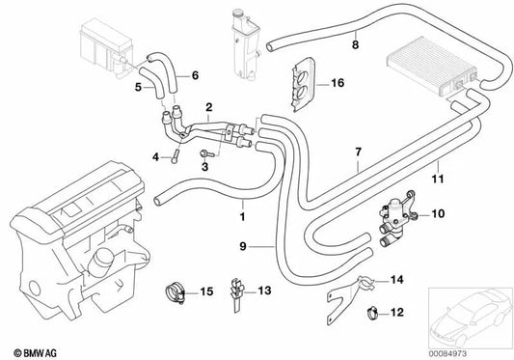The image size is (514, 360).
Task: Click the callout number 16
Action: (338, 83)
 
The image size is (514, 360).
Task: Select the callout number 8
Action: (356, 44)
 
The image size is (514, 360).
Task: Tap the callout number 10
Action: (438, 214)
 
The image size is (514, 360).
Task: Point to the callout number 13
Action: (264, 291)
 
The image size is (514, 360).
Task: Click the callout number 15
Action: (206, 291)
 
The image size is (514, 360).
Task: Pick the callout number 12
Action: (396, 312)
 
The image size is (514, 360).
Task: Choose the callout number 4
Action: (155, 157)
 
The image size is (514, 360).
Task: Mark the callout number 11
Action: (438, 179)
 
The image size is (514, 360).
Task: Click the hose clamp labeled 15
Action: (176, 291)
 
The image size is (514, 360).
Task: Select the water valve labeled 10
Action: (396, 218)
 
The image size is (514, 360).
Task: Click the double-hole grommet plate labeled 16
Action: (303, 85)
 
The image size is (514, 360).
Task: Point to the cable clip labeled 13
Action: (237, 293)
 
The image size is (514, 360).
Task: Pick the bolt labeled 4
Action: (174, 156)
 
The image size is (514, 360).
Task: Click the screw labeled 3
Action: (206, 152)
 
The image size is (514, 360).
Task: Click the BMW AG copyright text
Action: (35, 353)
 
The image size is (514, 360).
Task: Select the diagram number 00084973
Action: (447, 354)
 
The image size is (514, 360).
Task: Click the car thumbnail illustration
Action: (470, 318)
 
